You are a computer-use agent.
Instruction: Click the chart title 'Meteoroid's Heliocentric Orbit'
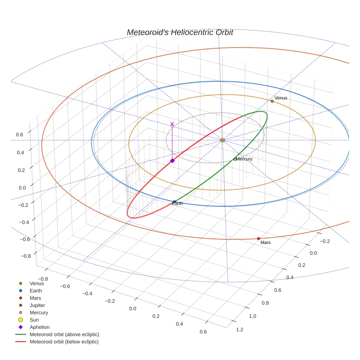click(180, 33)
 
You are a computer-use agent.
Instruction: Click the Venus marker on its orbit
click(272, 101)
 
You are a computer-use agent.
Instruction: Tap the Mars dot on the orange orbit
click(258, 239)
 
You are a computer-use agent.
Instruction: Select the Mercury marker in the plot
click(235, 159)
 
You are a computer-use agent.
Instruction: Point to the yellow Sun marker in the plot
click(222, 140)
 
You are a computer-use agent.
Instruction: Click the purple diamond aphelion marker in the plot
click(172, 161)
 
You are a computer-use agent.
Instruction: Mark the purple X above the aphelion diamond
click(172, 124)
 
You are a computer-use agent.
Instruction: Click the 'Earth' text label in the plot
click(177, 203)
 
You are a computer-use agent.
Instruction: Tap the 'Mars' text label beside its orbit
click(266, 242)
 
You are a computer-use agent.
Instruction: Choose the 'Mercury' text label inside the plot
click(244, 159)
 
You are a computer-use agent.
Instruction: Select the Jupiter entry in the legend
click(37, 305)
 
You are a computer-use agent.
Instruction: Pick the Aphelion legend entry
click(40, 327)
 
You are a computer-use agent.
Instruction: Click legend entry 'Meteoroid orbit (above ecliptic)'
click(64, 334)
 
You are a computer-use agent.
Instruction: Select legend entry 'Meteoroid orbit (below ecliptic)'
click(64, 342)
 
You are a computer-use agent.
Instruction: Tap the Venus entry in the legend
click(37, 283)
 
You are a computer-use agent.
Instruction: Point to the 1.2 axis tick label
click(240, 330)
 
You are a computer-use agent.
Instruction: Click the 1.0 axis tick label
click(253, 316)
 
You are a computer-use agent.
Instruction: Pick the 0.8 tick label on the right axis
click(265, 303)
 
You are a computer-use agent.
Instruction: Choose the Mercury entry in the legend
click(39, 312)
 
